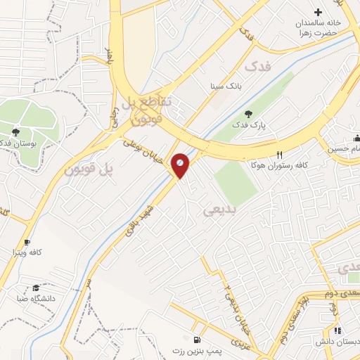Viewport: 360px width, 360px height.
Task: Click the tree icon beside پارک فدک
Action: pyautogui.click(x=247, y=114)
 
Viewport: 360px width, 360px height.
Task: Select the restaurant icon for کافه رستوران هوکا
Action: pyautogui.click(x=279, y=155)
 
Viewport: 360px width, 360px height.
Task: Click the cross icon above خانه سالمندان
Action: pyautogui.click(x=318, y=12)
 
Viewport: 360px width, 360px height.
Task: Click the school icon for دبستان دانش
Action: pyautogui.click(x=338, y=330)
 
